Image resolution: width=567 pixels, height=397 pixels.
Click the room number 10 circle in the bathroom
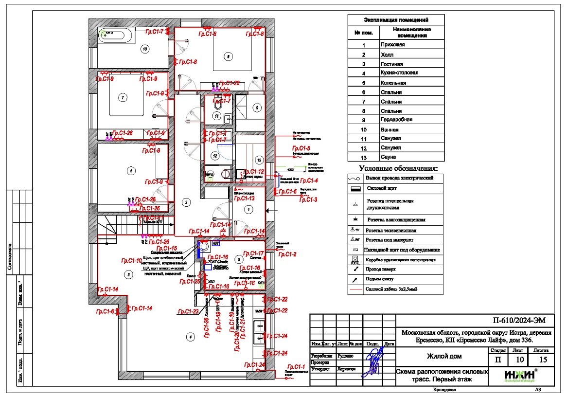pyautogui.click(x=144, y=49)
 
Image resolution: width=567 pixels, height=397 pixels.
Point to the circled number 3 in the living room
pyautogui.click(x=128, y=275)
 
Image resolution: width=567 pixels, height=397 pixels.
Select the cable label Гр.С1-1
pyautogui.click(x=296, y=367)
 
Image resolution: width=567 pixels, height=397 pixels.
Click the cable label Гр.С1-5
pyautogui.click(x=301, y=148)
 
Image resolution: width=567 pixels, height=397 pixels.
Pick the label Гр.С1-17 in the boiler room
pyautogui.click(x=254, y=253)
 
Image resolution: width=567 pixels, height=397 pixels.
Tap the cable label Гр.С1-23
pyautogui.click(x=188, y=311)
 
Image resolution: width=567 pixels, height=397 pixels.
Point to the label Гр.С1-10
pyautogui.click(x=132, y=261)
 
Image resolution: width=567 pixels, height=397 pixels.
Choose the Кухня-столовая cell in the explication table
pyautogui.click(x=400, y=73)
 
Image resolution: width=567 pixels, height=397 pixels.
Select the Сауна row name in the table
pyautogui.click(x=389, y=157)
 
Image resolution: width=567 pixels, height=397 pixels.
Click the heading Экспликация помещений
pyautogui.click(x=396, y=20)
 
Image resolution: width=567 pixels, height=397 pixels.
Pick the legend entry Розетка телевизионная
pyautogui.click(x=391, y=230)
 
